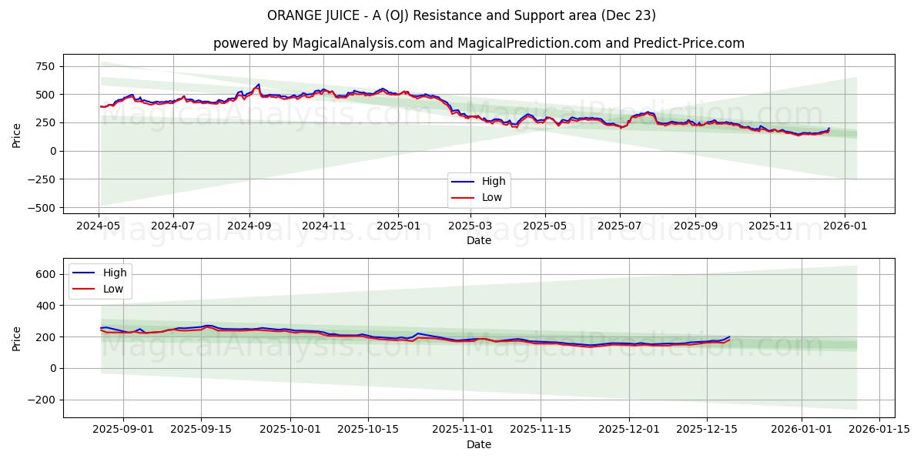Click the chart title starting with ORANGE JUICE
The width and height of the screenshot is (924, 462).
coord(461,15)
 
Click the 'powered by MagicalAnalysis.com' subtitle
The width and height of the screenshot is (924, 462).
coord(478,43)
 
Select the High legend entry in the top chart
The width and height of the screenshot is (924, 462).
coord(493,182)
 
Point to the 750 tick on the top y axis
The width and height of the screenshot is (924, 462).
coord(45,66)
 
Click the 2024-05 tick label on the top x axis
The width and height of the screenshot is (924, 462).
coord(98,226)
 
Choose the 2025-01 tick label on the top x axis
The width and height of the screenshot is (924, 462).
coord(397,226)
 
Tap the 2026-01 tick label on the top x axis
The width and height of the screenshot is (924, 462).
coord(845,226)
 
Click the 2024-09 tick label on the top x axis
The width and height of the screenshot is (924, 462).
coord(249,226)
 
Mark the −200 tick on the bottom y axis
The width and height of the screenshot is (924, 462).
coord(43,400)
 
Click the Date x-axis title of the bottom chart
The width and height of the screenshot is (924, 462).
coord(478,445)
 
